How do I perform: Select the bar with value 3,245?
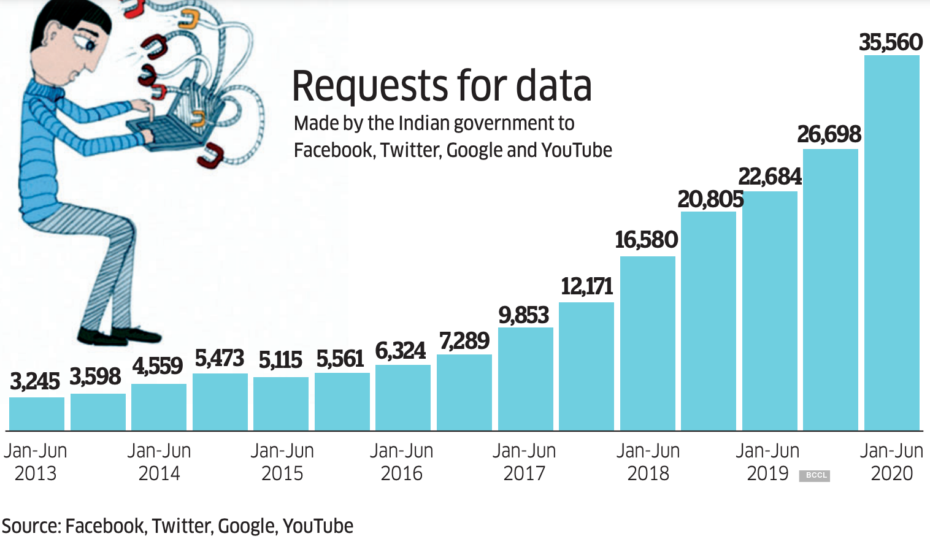(37, 414)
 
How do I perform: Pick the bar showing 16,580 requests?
(648, 343)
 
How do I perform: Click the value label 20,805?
(710, 199)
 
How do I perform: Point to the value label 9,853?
(523, 315)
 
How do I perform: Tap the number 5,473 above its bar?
(220, 358)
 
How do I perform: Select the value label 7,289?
(464, 341)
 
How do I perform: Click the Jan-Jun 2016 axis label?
(402, 462)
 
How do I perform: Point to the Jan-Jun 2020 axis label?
(891, 462)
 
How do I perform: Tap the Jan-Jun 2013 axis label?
(36, 462)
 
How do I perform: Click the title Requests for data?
(442, 86)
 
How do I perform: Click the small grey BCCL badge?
(815, 475)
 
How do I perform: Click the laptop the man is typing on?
(178, 123)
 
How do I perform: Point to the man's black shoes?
(117, 335)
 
